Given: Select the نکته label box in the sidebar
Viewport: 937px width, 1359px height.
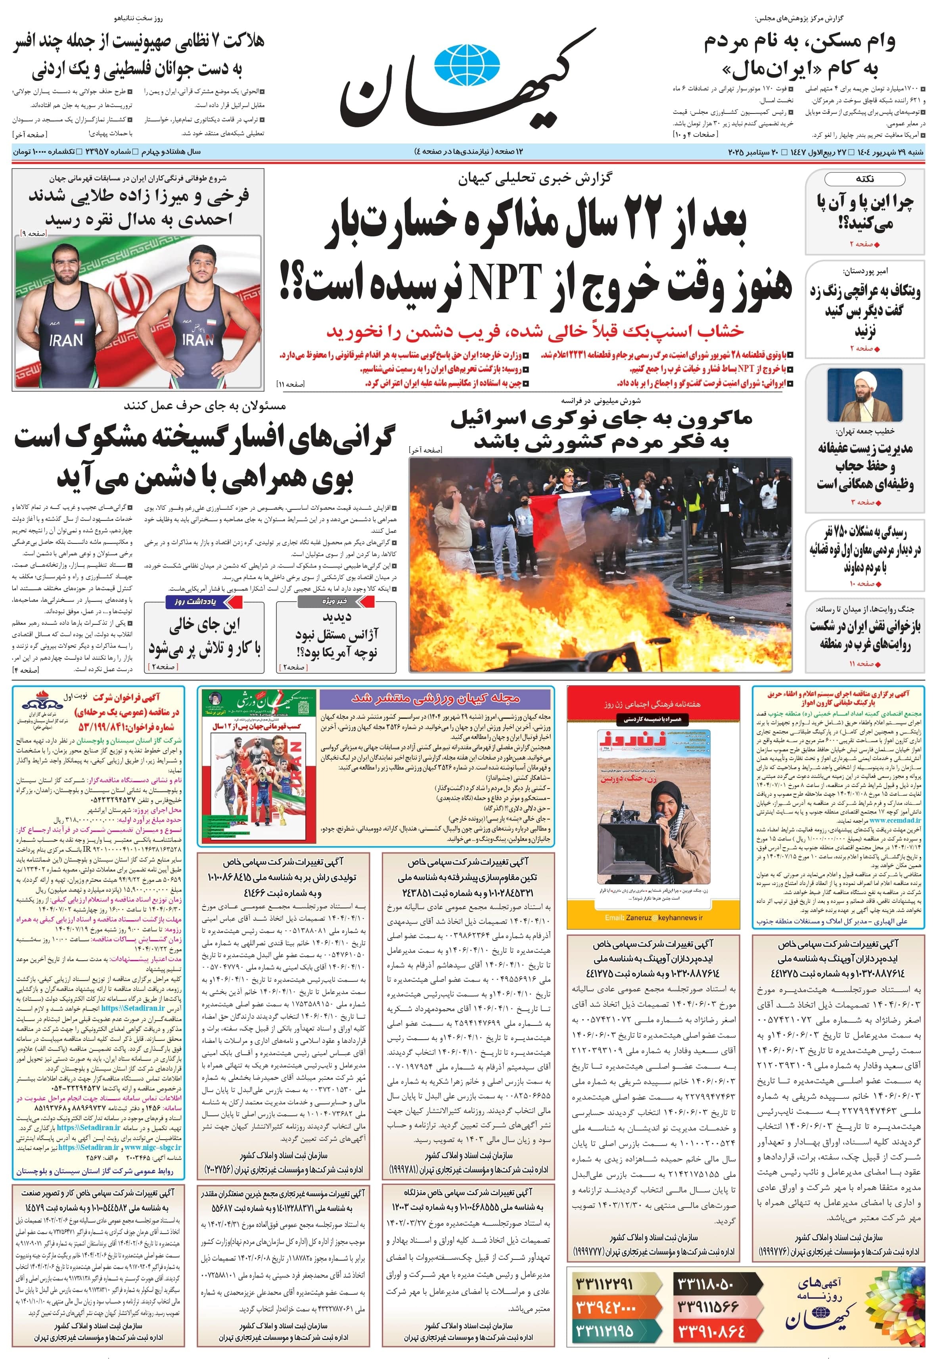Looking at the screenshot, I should point(865,179).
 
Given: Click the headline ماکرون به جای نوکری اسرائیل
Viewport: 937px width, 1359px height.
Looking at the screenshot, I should point(601,419).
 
